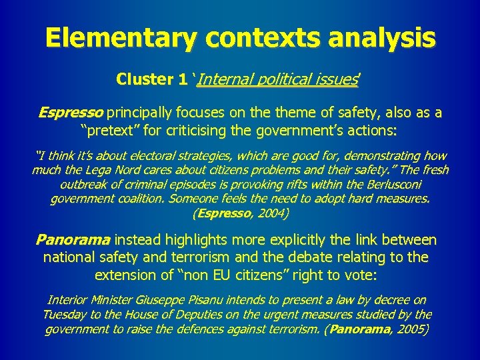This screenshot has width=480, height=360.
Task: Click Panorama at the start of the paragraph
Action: [x=74, y=240]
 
